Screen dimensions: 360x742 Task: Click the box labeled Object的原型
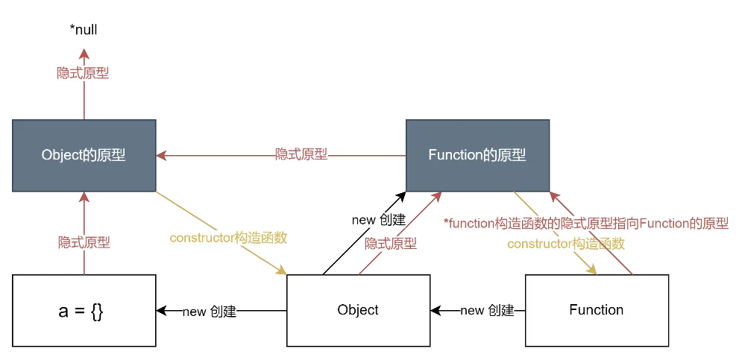[x=84, y=155]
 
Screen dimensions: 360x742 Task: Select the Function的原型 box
[x=477, y=155]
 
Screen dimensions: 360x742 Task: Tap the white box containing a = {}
[x=84, y=310]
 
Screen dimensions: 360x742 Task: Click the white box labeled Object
[x=358, y=310]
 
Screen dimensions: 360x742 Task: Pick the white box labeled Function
[x=596, y=310]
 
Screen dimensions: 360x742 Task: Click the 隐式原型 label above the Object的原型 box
[x=84, y=74]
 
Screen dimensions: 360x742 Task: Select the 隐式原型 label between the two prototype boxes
[x=301, y=155]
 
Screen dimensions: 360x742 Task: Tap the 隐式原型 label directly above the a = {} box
[x=84, y=242]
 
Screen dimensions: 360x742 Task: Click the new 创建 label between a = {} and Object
[x=209, y=312]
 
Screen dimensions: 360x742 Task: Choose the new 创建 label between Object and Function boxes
[x=488, y=311]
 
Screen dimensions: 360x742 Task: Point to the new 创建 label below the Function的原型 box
[x=379, y=220]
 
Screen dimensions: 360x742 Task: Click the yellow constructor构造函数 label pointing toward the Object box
[x=228, y=239]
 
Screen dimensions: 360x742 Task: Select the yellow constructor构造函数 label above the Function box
[x=565, y=244]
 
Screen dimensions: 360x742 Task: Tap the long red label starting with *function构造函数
[x=585, y=224]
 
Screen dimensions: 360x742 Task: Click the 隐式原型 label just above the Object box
[x=390, y=244]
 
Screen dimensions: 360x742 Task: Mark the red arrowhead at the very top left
[x=84, y=54]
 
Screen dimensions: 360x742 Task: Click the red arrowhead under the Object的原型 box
[x=84, y=198]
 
